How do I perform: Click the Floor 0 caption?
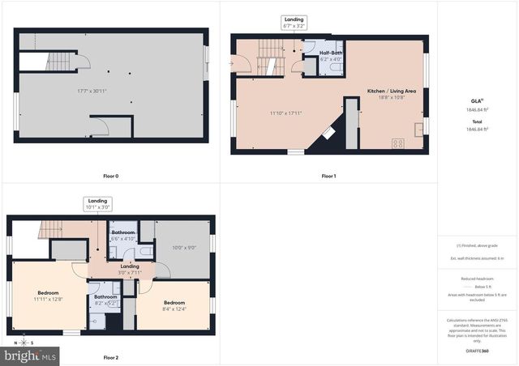click(x=111, y=176)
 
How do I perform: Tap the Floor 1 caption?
click(x=328, y=176)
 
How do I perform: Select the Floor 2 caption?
click(x=111, y=357)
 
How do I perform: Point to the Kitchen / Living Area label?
click(x=392, y=91)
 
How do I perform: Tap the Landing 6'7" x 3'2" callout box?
click(x=294, y=23)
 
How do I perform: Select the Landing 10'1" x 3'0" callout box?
click(x=97, y=203)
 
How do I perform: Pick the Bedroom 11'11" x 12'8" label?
click(x=49, y=296)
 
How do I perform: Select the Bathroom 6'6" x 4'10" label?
click(x=123, y=235)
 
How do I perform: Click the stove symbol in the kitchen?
click(x=398, y=144)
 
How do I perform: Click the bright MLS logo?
click(x=31, y=355)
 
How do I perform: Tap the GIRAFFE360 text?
click(x=478, y=351)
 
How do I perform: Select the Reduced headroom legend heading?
click(x=477, y=278)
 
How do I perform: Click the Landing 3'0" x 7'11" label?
click(x=130, y=268)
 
